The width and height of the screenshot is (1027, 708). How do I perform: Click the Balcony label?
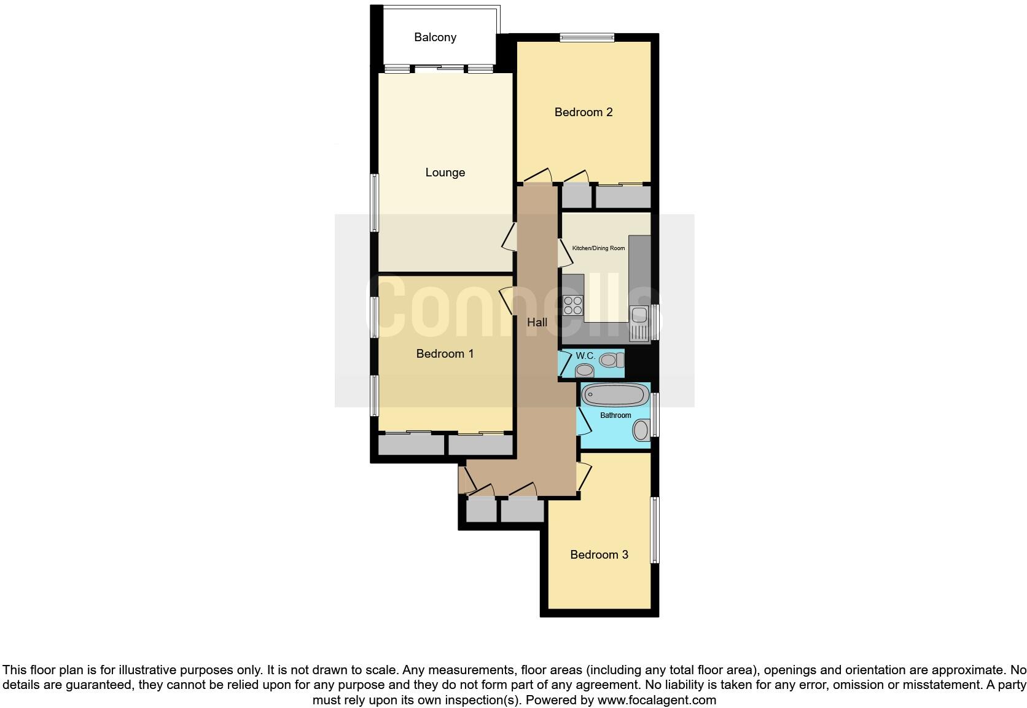(435, 37)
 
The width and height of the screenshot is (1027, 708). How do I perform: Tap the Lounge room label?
(445, 173)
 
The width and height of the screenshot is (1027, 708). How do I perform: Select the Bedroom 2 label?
(583, 112)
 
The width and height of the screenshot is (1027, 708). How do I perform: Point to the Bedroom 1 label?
(445, 354)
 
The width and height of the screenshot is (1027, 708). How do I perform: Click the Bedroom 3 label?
(599, 555)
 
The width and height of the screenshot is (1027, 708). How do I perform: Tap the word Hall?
(537, 322)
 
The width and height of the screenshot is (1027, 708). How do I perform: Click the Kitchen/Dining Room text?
(598, 248)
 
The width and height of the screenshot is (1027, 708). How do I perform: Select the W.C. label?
(585, 356)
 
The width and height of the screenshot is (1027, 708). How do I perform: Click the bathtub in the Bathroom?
(615, 395)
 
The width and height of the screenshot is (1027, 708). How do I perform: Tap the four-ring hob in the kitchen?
(573, 305)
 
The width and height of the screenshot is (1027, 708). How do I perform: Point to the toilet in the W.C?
(611, 360)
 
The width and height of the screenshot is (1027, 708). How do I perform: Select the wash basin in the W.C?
(584, 371)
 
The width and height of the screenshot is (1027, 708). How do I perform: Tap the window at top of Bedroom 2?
(587, 37)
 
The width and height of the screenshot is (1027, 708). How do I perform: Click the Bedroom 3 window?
(655, 530)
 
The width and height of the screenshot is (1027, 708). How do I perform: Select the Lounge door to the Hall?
(509, 236)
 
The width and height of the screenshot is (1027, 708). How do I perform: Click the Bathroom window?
(655, 415)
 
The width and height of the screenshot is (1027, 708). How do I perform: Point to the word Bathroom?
(615, 415)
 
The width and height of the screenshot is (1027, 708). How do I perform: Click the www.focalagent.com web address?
(656, 699)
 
